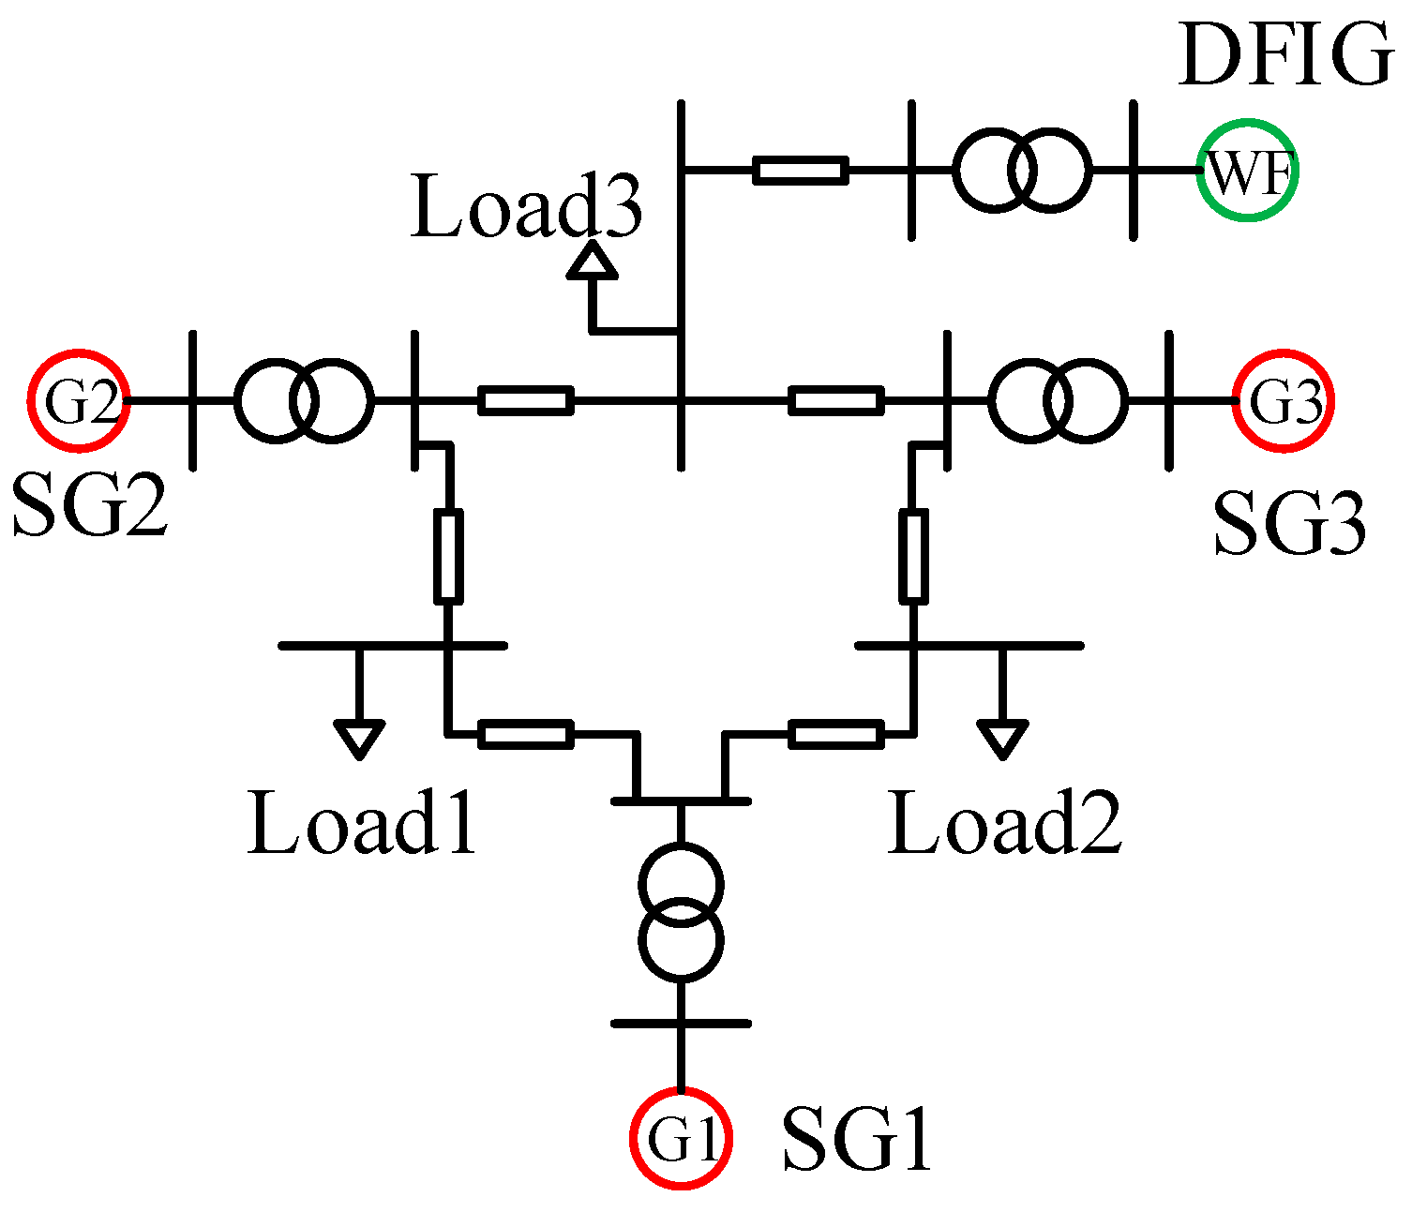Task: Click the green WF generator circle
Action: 1247,172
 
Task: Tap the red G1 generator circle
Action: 680,1138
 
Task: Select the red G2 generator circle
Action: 78,401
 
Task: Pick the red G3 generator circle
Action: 1284,401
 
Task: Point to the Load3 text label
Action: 527,208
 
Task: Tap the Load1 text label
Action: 362,823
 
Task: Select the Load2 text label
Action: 1004,823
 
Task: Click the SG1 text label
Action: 857,1140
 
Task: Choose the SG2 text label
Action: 90,504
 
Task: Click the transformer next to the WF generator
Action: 1022,172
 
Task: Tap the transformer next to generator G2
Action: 303,401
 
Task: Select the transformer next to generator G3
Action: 1059,401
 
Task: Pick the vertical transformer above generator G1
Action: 681,911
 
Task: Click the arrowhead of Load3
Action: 593,262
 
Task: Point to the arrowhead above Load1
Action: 359,738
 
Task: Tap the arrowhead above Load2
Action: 1002,738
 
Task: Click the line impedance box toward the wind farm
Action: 801,171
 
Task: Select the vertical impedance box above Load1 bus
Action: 448,556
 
